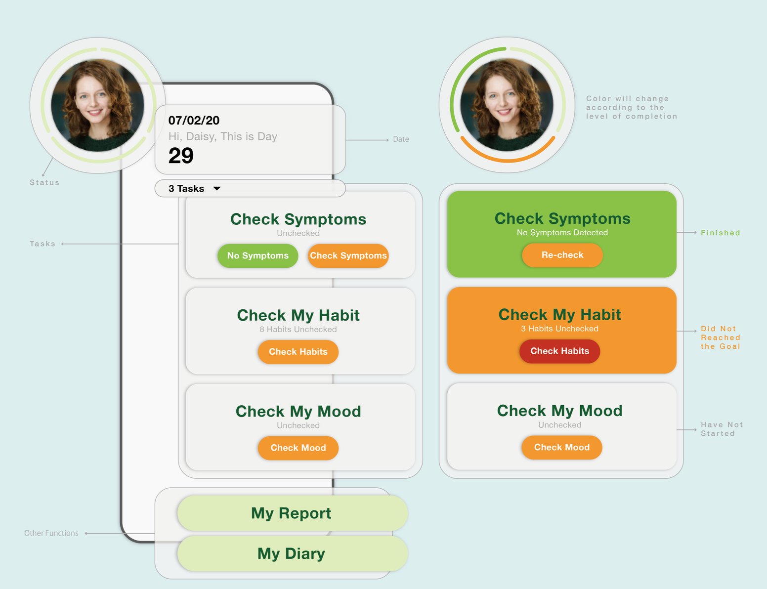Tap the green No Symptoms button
(257, 255)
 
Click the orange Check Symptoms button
(348, 255)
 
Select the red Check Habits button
(559, 351)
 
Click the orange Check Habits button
(298, 352)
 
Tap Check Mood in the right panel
(561, 447)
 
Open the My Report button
(292, 513)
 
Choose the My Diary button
(292, 553)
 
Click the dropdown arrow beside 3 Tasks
(217, 189)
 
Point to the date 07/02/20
(194, 121)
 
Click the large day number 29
(181, 156)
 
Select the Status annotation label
(44, 183)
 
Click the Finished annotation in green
(720, 233)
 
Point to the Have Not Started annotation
(722, 429)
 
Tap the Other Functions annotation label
(51, 533)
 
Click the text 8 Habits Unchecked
(298, 330)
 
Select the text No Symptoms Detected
(562, 233)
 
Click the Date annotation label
(401, 139)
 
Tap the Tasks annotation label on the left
(43, 244)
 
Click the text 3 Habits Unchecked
(559, 329)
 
